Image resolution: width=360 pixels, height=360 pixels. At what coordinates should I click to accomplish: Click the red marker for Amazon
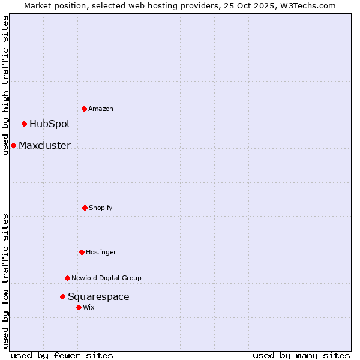(85, 109)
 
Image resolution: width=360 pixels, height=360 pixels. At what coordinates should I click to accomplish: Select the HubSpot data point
(25, 124)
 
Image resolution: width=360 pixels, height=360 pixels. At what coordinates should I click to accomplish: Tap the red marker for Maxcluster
(13, 145)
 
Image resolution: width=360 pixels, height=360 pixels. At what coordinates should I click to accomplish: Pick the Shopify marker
(85, 208)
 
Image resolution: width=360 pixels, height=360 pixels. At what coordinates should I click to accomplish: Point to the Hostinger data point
(82, 252)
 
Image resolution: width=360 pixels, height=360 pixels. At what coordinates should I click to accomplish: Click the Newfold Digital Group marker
(68, 278)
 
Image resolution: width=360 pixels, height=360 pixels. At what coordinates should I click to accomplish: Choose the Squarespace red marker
(62, 296)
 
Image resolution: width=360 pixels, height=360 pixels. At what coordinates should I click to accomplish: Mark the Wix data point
(79, 307)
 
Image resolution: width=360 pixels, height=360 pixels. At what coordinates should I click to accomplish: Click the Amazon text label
(101, 109)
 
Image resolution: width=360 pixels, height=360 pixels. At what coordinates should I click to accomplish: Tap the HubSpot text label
(50, 124)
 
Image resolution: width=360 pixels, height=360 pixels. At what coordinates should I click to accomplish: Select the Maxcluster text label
(44, 145)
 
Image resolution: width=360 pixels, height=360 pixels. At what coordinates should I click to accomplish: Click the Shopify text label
(101, 208)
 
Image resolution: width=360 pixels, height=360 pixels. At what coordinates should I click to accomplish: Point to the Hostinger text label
(101, 252)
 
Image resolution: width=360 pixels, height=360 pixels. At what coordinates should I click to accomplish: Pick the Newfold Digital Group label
(106, 278)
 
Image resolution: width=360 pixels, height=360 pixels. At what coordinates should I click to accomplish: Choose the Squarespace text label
(98, 296)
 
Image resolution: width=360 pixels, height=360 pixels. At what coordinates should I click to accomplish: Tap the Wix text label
(89, 307)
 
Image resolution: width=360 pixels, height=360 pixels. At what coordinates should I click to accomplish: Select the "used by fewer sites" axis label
(62, 355)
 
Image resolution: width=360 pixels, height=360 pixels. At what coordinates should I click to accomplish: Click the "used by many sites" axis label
(301, 355)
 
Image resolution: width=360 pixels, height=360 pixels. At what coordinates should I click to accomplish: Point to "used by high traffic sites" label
(5, 85)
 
